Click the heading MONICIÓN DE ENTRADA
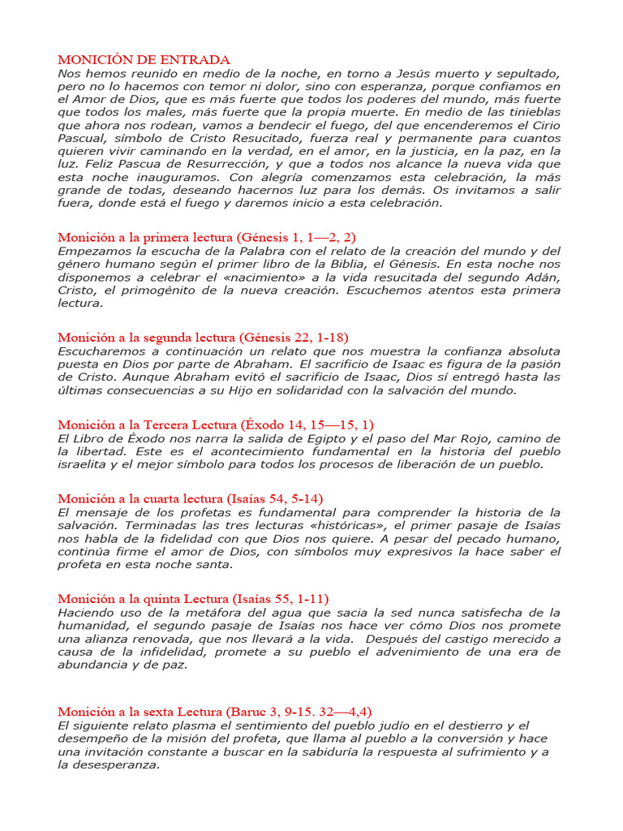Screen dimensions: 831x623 click(144, 60)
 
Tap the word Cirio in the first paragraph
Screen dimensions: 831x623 click(541, 126)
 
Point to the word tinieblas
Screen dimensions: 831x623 click(525, 112)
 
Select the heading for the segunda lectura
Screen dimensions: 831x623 click(203, 337)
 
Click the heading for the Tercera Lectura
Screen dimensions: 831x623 click(216, 424)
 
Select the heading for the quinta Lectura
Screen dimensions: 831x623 click(193, 599)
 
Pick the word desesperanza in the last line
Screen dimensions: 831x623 click(111, 764)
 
